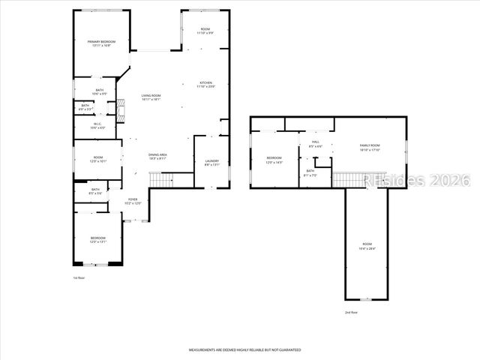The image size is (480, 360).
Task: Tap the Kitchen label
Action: click(205, 84)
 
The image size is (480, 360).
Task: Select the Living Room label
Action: click(151, 97)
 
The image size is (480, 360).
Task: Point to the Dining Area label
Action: click(157, 156)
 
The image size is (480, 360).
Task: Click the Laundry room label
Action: click(211, 163)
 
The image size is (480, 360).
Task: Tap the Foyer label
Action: click(132, 202)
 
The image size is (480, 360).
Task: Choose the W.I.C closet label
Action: click(97, 126)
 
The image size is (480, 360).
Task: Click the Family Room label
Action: click(370, 147)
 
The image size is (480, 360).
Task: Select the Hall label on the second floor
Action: click(316, 144)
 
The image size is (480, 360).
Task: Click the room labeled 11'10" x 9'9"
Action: click(205, 31)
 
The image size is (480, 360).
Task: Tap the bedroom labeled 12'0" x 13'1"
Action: click(98, 240)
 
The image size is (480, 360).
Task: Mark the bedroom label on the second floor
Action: click(274, 160)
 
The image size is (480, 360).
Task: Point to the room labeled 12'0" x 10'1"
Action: click(98, 160)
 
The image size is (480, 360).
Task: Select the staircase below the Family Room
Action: click(349, 179)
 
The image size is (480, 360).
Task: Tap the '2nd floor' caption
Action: click(352, 312)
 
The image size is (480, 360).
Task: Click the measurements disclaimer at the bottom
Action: click(244, 349)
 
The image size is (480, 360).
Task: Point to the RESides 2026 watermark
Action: click(416, 181)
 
